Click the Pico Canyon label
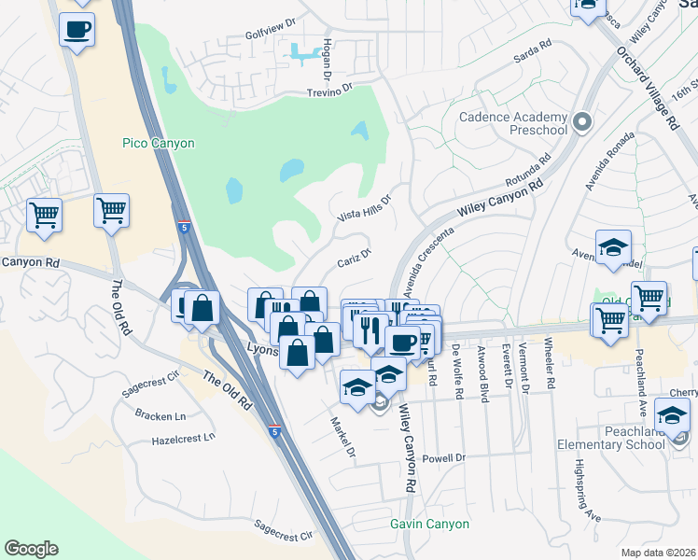pyautogui.click(x=159, y=143)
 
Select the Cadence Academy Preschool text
pyautogui.click(x=513, y=123)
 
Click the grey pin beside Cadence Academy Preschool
pyautogui.click(x=583, y=122)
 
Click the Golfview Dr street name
pyautogui.click(x=272, y=45)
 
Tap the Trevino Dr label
pyautogui.click(x=333, y=92)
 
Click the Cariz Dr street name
pyautogui.click(x=356, y=256)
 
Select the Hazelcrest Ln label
pyautogui.click(x=183, y=436)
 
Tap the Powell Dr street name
pyautogui.click(x=443, y=458)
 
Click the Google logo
pyautogui.click(x=31, y=549)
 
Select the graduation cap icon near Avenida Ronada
pyautogui.click(x=613, y=247)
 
